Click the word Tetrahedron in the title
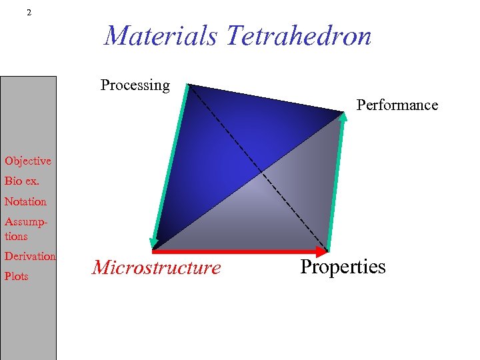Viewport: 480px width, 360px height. [298, 36]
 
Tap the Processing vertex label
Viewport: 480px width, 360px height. [135, 85]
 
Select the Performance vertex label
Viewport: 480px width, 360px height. [397, 105]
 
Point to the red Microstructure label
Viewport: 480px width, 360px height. [156, 268]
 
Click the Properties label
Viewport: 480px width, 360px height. [343, 267]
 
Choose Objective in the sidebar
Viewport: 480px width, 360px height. [27, 161]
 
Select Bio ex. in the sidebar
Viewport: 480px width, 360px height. [22, 181]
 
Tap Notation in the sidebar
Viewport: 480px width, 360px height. [25, 201]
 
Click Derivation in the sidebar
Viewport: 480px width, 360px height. [30, 256]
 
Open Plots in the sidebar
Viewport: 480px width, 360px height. [17, 276]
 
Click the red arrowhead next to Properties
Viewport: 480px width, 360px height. [323, 252]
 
